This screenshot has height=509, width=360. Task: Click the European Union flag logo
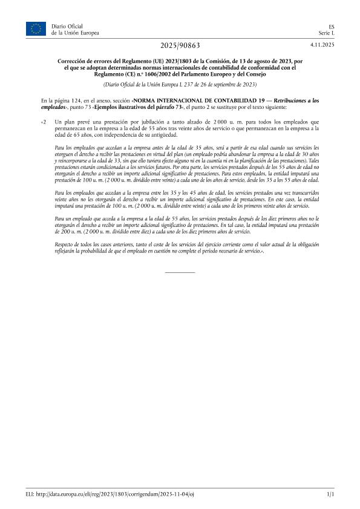click(x=36, y=28)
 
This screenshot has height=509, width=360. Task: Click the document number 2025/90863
click(x=180, y=45)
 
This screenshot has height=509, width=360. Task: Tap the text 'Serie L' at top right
click(x=326, y=33)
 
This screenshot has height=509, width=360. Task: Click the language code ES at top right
click(x=330, y=26)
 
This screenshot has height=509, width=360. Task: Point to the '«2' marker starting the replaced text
click(x=43, y=122)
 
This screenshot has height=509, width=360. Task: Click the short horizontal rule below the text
click(x=180, y=272)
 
